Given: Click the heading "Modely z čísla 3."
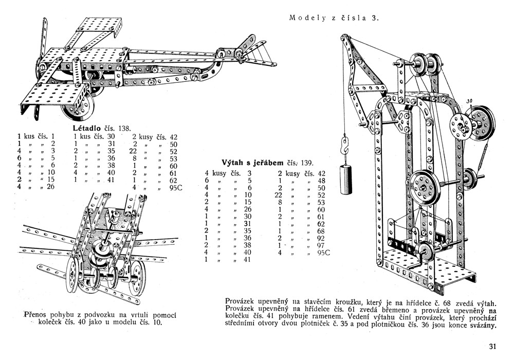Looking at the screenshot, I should point(334,18).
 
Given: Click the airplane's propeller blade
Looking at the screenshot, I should point(43,36).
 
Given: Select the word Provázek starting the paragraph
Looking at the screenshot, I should point(242,300).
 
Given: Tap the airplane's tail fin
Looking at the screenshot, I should point(250,45).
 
